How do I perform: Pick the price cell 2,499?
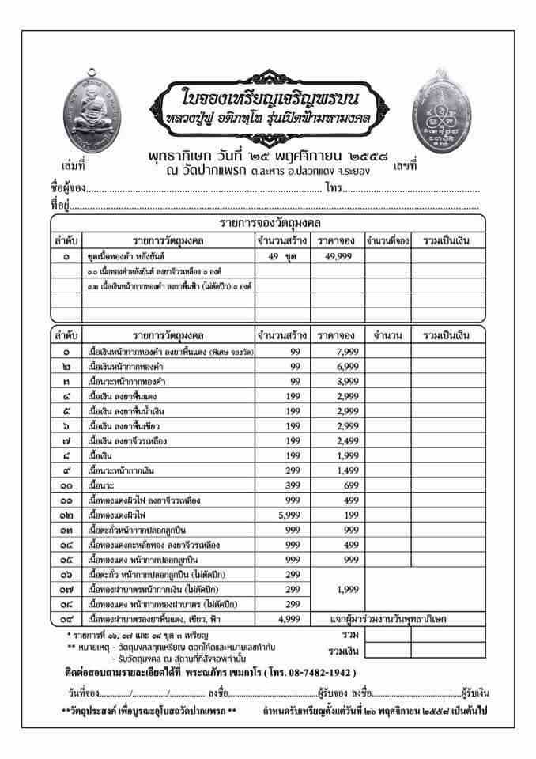[x=336, y=440]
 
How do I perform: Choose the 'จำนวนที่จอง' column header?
[x=387, y=240]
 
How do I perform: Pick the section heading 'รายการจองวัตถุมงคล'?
[x=269, y=223]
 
